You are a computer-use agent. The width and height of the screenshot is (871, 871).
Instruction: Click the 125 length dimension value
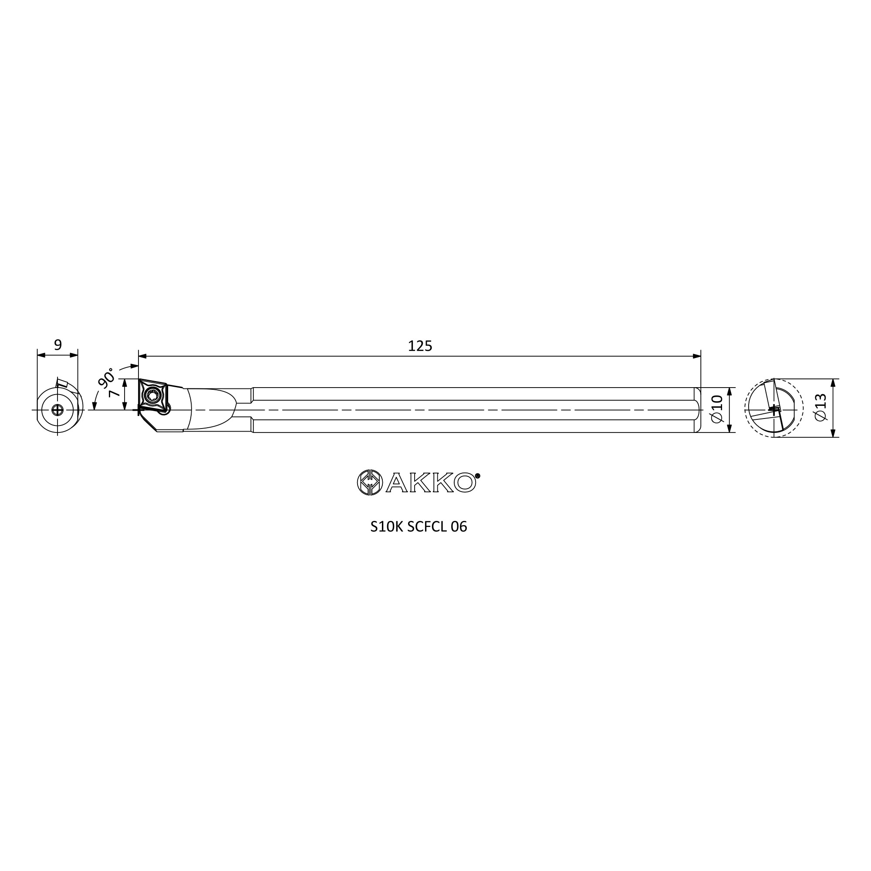click(x=420, y=346)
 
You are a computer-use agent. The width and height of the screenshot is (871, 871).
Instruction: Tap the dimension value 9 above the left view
click(x=58, y=345)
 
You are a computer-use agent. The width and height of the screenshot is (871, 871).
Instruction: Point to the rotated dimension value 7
click(x=115, y=393)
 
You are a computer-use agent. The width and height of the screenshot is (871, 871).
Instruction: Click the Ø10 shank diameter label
click(x=717, y=408)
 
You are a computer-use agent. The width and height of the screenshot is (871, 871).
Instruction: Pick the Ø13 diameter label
click(x=820, y=407)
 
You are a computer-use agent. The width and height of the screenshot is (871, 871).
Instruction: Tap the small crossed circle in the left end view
click(x=57, y=410)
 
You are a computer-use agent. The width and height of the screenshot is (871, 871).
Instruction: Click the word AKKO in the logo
click(x=431, y=483)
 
